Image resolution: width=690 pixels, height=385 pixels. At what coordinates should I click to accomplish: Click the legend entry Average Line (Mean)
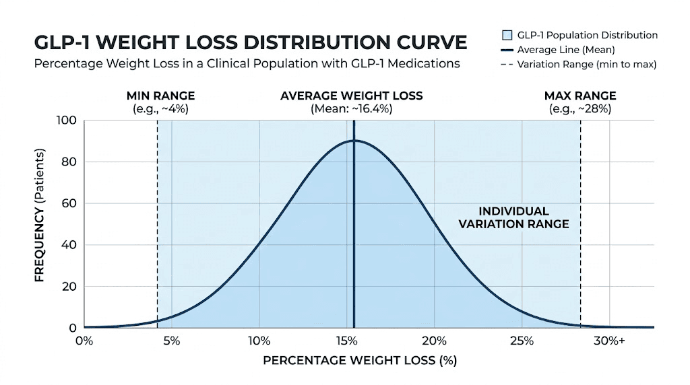coord(565,50)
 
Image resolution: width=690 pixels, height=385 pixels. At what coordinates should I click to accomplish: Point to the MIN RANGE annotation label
coord(160,96)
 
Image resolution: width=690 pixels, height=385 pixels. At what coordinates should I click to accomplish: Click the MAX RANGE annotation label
coord(579,96)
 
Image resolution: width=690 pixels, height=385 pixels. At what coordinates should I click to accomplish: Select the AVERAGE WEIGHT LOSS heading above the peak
coord(351,96)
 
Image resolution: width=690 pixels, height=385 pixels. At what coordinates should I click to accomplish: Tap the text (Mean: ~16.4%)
coord(351,109)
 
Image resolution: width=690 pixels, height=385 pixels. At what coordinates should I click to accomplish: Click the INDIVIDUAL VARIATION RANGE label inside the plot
coord(513,217)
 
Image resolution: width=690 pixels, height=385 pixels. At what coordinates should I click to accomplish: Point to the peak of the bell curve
coord(354,141)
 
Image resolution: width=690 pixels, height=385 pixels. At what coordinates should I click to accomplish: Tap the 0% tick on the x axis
coord(84,341)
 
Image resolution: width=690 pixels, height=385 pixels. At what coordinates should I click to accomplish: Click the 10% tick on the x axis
coord(259,341)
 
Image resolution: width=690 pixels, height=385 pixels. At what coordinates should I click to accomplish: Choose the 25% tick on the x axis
coord(522,341)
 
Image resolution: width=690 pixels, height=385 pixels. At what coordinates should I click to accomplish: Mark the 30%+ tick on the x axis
coord(609,341)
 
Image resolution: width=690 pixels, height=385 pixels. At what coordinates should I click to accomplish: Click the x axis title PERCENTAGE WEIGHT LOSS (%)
coord(360,361)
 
